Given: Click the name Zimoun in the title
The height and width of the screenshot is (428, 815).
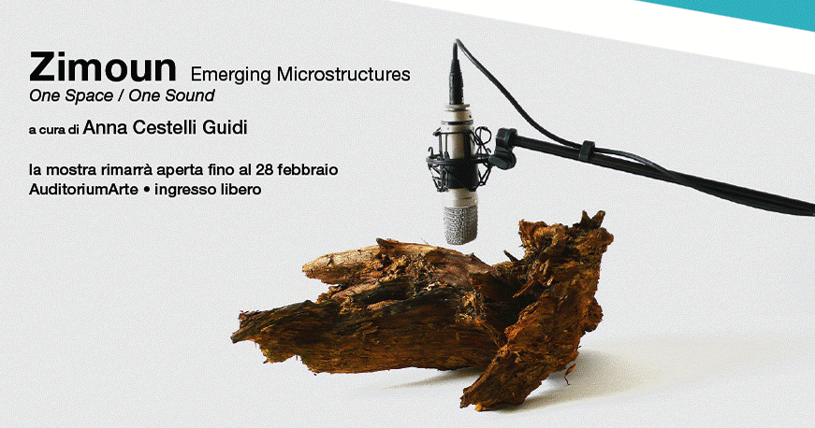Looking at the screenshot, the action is point(103,67).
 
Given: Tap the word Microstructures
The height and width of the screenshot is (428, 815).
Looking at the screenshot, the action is point(343,74).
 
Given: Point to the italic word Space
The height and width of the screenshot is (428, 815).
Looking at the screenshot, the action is point(93,96).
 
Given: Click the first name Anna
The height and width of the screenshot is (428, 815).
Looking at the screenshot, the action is point(105,128).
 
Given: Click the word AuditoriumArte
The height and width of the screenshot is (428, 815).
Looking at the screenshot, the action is point(83,190).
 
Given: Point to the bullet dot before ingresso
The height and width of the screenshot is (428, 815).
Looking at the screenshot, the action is point(147,191).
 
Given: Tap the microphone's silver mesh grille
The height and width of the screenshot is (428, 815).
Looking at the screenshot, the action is point(460,223).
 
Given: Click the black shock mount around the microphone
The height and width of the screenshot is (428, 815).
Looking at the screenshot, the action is point(458,157).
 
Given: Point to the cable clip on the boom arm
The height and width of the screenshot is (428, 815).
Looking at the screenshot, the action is point(587,150).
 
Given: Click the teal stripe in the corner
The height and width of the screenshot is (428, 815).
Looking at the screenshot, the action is point(743,11).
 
